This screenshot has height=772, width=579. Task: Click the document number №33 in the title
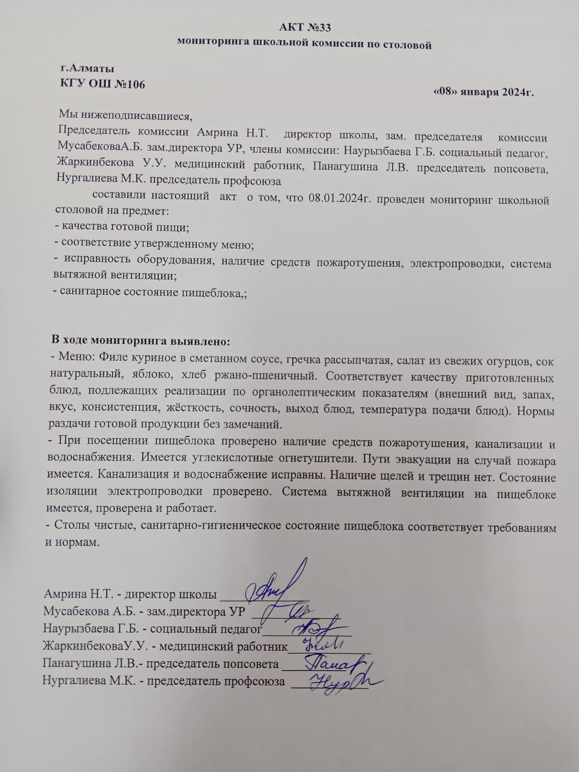click(x=318, y=27)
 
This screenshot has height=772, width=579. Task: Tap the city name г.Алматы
click(x=87, y=69)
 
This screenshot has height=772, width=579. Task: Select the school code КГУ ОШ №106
click(x=102, y=84)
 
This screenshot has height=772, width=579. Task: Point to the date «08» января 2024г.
click(x=483, y=92)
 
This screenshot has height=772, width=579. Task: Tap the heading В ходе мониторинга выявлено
click(x=141, y=341)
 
